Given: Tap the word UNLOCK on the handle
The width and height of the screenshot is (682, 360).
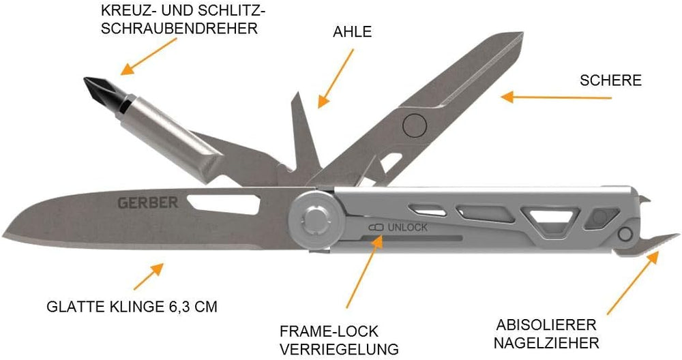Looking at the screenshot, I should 407,227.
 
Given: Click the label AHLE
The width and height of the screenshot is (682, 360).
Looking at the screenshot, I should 353,31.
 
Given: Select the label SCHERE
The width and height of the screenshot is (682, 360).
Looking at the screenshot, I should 610,80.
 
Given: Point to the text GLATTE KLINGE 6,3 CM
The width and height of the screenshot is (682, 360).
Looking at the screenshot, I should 132,307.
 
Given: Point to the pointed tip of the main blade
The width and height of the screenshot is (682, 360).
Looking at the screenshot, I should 7,229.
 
